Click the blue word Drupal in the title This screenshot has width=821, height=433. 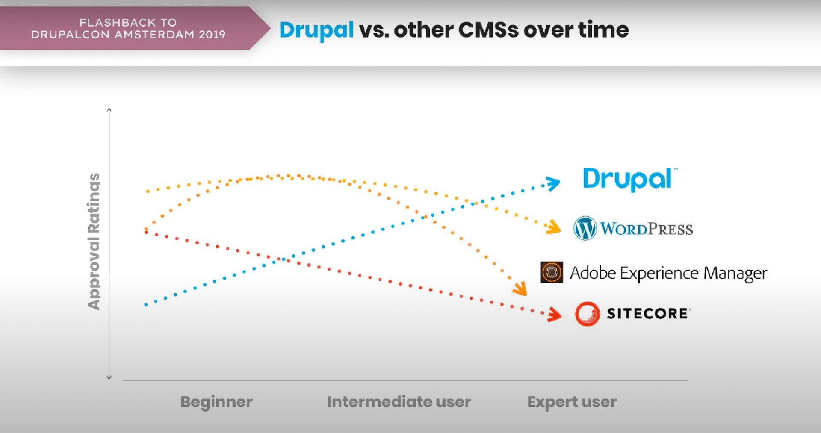click(x=316, y=30)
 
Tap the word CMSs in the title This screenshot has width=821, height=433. click(x=488, y=30)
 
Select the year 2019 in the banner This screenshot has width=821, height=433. click(x=212, y=35)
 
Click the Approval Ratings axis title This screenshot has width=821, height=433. click(x=94, y=242)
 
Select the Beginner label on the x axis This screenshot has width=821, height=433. click(x=216, y=402)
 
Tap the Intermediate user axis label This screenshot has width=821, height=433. click(x=399, y=402)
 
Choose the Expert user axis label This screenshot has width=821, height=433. click(x=572, y=402)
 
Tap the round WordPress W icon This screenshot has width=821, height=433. click(x=585, y=228)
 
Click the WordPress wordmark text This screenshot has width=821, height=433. click(x=646, y=229)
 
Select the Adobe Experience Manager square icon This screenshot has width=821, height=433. click(x=552, y=272)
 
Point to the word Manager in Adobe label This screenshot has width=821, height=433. click(x=735, y=274)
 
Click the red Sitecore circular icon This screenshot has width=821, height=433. click(x=587, y=314)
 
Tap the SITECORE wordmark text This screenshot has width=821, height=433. click(x=647, y=314)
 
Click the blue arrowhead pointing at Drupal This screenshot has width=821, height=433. click(x=553, y=184)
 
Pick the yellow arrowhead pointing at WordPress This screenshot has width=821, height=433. click(x=554, y=227)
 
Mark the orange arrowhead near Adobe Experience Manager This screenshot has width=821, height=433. click(x=520, y=289)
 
